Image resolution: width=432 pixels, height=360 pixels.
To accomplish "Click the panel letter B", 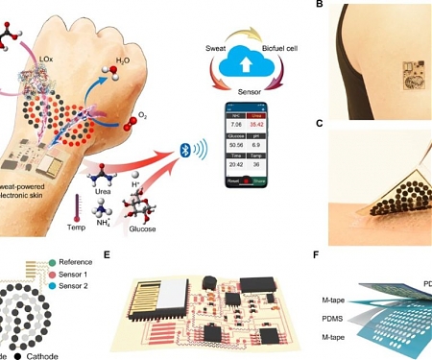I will pos(319,7).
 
